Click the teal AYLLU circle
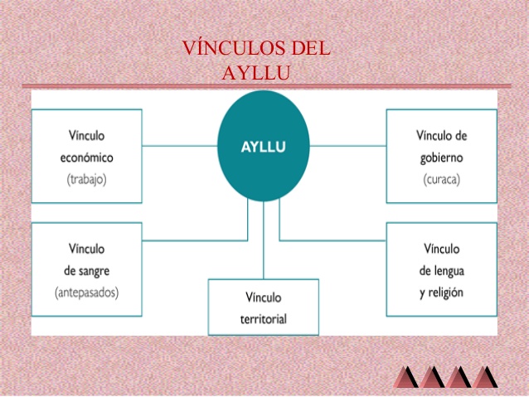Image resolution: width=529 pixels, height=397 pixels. tap(264, 145)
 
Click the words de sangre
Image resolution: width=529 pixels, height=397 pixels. tap(86, 271)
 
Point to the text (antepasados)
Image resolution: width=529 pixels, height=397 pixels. tap(86, 292)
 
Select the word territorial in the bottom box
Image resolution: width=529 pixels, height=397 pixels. tap(264, 317)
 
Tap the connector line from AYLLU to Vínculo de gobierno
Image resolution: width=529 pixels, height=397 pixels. tap(348, 146)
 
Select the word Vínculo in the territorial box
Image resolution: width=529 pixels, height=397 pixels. tap(264, 296)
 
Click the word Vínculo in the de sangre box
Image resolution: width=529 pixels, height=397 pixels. tap(86, 249)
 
